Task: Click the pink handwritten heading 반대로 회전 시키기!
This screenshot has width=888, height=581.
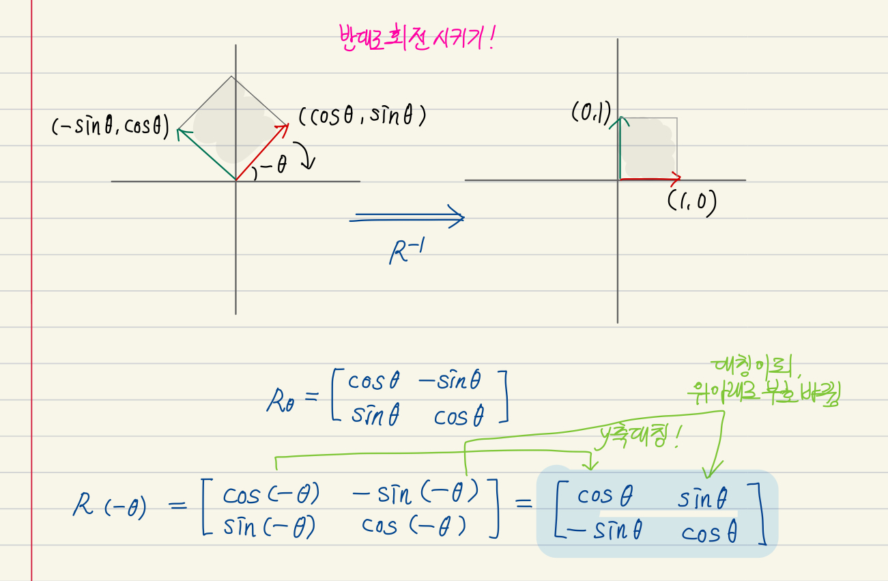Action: point(416,40)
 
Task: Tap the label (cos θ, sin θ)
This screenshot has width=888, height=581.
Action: point(362,117)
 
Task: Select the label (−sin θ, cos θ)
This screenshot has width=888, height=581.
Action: point(110,127)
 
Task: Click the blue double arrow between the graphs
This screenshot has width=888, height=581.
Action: point(407,218)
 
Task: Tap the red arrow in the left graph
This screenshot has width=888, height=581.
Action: point(261,152)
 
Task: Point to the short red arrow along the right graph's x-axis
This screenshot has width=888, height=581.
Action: point(649,180)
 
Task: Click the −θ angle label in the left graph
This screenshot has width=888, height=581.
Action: point(271,167)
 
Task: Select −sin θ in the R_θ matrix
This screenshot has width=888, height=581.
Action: point(449,381)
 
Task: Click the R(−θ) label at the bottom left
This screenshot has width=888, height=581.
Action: point(109,507)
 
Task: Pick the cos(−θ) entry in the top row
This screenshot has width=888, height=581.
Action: point(271,494)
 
